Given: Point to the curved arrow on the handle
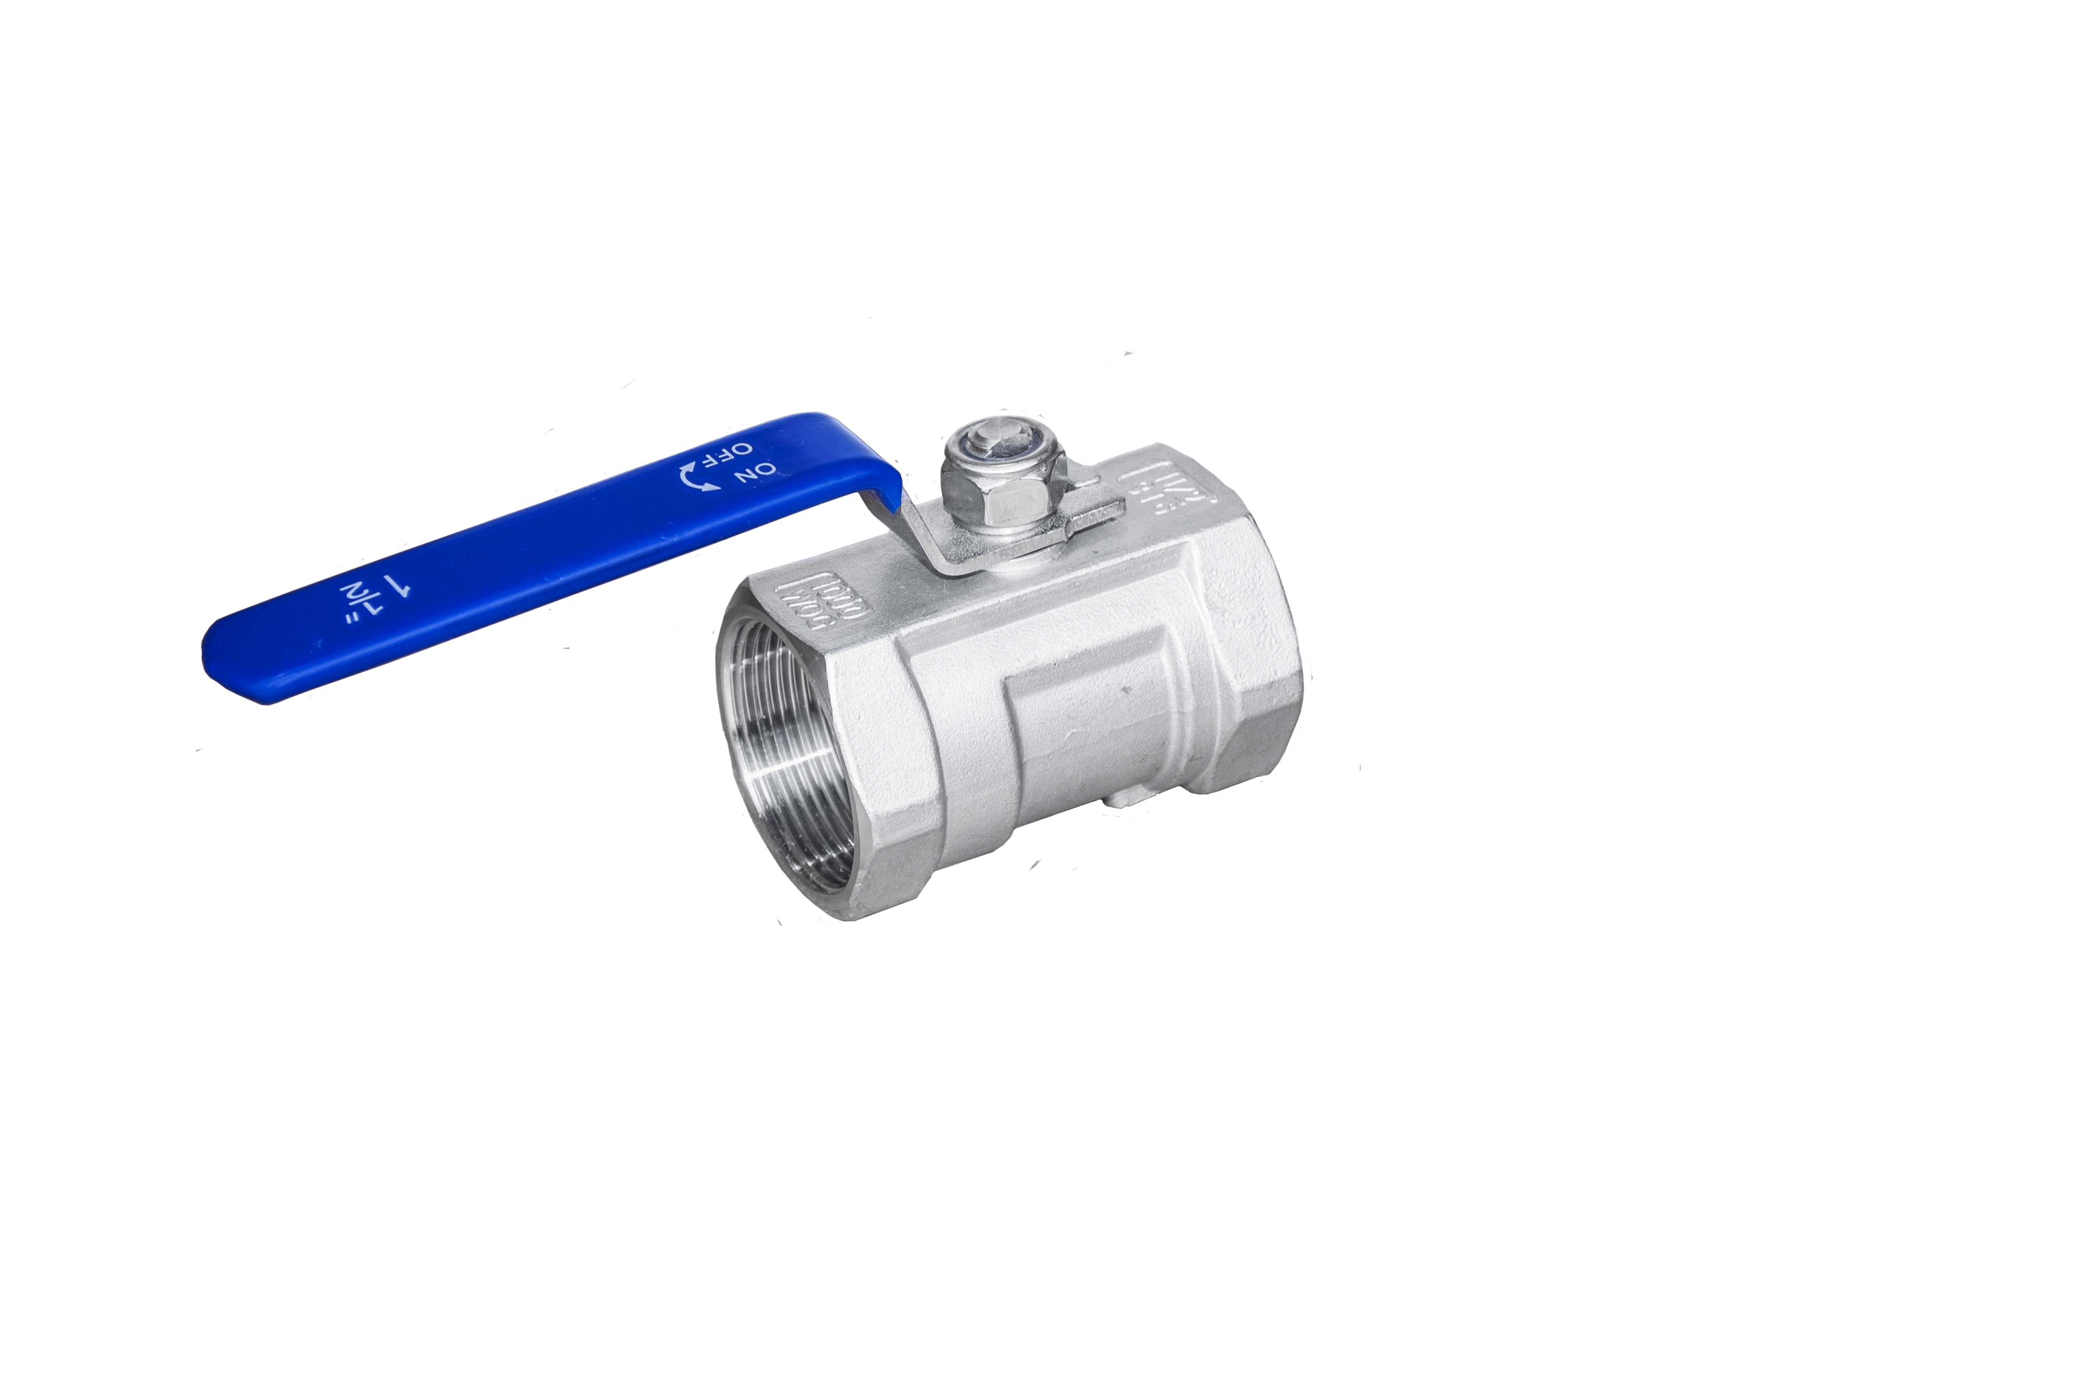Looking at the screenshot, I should pyautogui.click(x=697, y=477).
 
